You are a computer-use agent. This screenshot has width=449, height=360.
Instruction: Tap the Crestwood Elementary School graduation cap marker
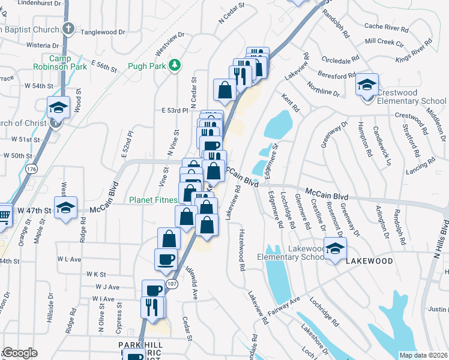coord(367,85)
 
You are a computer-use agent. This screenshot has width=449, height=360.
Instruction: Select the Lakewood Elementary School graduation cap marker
coord(336,248)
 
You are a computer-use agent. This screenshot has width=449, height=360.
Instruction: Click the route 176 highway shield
coord(31,170)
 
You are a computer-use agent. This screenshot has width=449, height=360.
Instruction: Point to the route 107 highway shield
coord(172,283)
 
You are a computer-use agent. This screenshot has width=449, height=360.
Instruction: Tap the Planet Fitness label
coord(152,200)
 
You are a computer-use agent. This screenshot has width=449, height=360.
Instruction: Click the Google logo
coord(20,353)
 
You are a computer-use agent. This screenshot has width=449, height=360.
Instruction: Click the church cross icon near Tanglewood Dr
coord(68,28)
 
